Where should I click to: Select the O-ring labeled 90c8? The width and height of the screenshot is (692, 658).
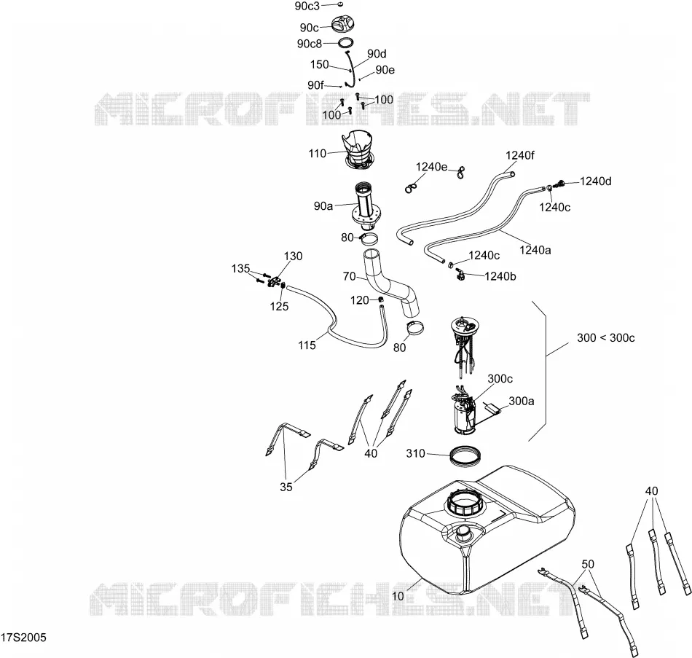tap(346, 43)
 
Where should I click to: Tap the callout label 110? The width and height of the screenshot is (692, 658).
tap(318, 153)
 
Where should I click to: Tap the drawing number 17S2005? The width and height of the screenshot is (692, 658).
tap(23, 638)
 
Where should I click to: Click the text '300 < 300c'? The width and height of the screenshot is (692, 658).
tap(606, 338)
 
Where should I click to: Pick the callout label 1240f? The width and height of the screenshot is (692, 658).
tap(520, 155)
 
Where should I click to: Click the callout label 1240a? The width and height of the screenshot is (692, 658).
tap(535, 251)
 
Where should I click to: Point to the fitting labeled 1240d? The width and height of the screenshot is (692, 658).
tap(562, 184)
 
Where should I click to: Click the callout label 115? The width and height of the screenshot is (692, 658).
tap(307, 345)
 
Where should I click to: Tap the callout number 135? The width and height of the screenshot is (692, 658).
tap(240, 268)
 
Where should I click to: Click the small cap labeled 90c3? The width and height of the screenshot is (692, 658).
tap(340, 4)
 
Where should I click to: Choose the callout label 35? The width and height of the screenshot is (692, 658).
tap(286, 487)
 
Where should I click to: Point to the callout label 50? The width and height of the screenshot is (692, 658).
tap(588, 564)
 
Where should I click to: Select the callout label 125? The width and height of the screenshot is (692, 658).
tap(280, 306)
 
